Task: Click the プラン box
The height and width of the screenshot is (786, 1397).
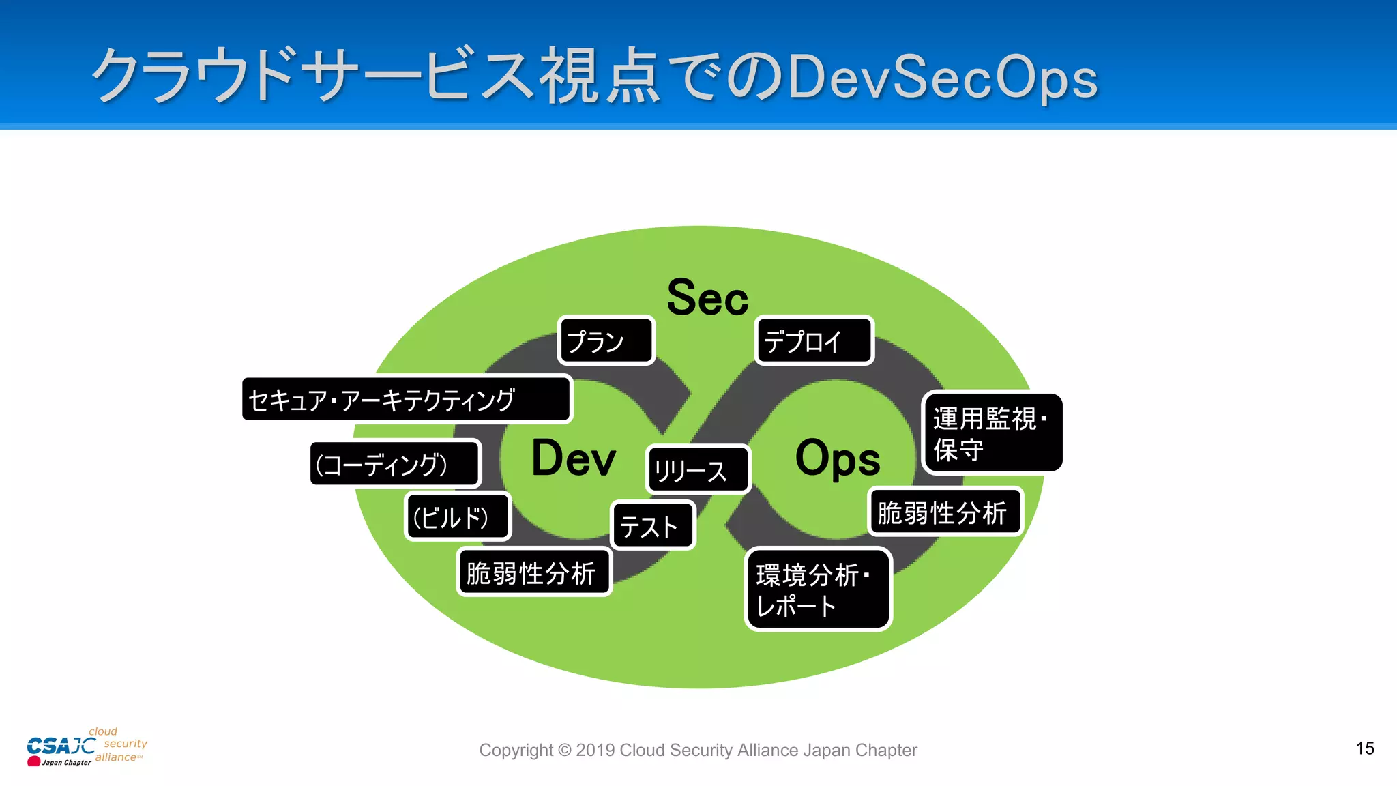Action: coord(606,340)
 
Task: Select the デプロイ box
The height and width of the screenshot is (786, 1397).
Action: coord(814,340)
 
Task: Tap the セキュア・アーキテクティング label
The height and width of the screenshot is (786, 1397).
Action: coord(407,400)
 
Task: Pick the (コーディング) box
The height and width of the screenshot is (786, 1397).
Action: coord(396,464)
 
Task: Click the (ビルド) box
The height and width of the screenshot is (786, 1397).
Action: coord(458,516)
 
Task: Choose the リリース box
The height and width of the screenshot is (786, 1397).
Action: coord(698,469)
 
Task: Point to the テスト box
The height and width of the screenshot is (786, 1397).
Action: coord(653,525)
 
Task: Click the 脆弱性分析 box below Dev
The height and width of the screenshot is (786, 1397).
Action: coord(533,572)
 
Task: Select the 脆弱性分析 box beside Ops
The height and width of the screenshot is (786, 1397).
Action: coord(945,512)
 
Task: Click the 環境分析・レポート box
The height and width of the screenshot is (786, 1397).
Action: coord(818,589)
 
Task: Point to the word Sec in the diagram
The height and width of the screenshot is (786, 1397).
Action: coord(707,298)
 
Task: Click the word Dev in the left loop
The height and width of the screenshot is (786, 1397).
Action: coord(574,458)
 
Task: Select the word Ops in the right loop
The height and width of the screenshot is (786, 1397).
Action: coord(838,458)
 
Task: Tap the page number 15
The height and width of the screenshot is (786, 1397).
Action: coord(1365,748)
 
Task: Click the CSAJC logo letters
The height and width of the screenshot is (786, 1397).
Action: coord(61,746)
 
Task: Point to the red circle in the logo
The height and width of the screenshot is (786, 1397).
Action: coord(33,761)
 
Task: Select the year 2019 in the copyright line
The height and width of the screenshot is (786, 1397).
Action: coord(595,750)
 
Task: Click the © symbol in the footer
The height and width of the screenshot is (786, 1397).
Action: coord(564,750)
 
